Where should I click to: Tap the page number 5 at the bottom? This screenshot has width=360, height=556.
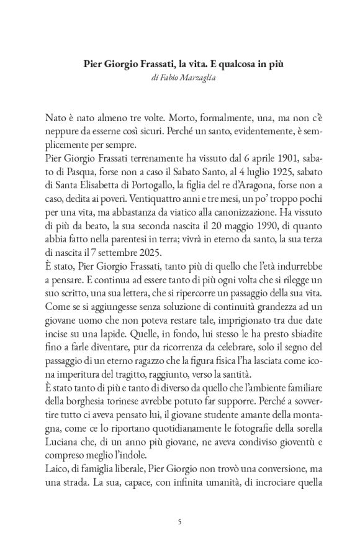(179, 522)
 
